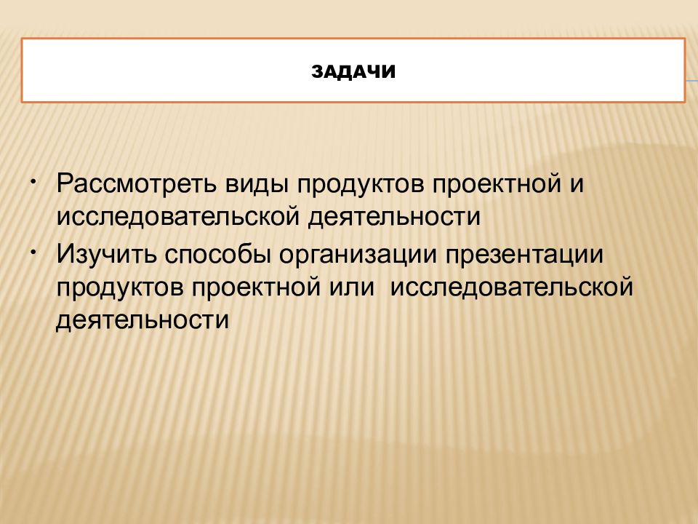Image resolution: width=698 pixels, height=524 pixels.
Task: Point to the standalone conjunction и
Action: (577, 185)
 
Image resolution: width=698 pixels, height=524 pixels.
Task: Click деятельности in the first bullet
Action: (397, 217)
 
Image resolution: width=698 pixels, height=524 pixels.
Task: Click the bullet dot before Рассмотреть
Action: (33, 179)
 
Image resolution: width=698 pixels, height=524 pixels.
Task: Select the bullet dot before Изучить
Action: (33, 250)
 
